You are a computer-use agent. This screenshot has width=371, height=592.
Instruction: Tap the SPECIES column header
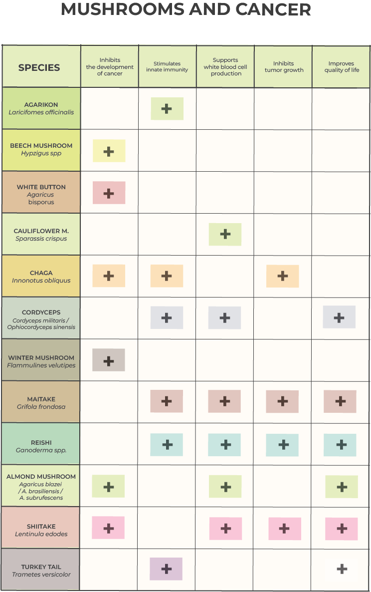tap(39, 68)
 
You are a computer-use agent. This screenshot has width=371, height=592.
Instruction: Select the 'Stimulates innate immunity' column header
tap(167, 67)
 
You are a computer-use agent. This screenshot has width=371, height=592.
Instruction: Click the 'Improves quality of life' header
tap(341, 67)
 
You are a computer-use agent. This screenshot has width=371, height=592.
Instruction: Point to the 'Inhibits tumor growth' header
tap(284, 67)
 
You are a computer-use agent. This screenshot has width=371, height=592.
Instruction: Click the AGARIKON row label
tap(41, 105)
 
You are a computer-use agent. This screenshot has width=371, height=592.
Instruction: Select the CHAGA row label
tap(41, 273)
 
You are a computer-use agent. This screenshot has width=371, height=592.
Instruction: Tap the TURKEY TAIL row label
tap(41, 567)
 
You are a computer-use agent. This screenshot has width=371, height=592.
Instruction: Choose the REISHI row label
tap(41, 443)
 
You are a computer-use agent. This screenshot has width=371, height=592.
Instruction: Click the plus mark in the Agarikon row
tap(167, 109)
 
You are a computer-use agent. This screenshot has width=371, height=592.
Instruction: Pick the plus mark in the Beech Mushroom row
tap(109, 151)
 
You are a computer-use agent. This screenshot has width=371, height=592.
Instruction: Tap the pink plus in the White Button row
tap(109, 193)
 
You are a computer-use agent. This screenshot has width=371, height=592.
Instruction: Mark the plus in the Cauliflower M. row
tap(225, 234)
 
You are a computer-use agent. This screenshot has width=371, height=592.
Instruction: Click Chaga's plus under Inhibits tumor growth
tap(283, 276)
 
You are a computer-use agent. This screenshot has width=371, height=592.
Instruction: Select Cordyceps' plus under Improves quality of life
tap(339, 317)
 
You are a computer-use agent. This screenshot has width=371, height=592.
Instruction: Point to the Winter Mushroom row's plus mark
tap(108, 360)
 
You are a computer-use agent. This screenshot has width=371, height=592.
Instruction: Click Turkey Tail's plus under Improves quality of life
tap(342, 569)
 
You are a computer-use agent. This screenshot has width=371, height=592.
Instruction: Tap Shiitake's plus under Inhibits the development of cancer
tap(108, 528)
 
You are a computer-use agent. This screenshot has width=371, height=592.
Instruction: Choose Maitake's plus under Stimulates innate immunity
tap(167, 401)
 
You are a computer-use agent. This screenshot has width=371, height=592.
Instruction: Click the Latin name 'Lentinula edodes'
tap(41, 534)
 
